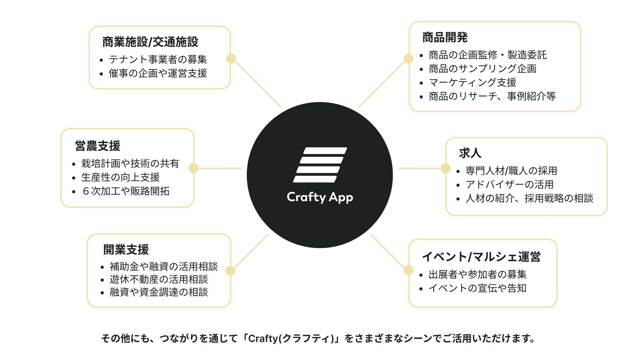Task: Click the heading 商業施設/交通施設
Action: coord(150,42)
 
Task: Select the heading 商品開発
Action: coord(445,37)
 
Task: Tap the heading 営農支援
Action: coord(97,146)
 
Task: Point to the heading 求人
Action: coord(470,153)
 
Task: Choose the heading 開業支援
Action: coord(126,249)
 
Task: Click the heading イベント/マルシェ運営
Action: coord(481,257)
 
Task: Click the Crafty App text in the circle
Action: coord(320,197)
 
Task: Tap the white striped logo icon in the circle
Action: coord(320,165)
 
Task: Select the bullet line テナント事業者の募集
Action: coord(158,59)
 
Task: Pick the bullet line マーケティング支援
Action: coord(473,82)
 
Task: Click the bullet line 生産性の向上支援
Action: coord(120,177)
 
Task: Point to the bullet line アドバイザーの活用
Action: coord(509,184)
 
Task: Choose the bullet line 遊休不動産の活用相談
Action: coord(159,279)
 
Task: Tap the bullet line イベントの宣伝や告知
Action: coord(478,288)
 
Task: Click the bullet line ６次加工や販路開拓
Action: coord(126,191)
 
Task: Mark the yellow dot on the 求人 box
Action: coord(445,168)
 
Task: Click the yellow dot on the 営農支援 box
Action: coord(193,168)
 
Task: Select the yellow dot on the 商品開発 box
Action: coord(408,58)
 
